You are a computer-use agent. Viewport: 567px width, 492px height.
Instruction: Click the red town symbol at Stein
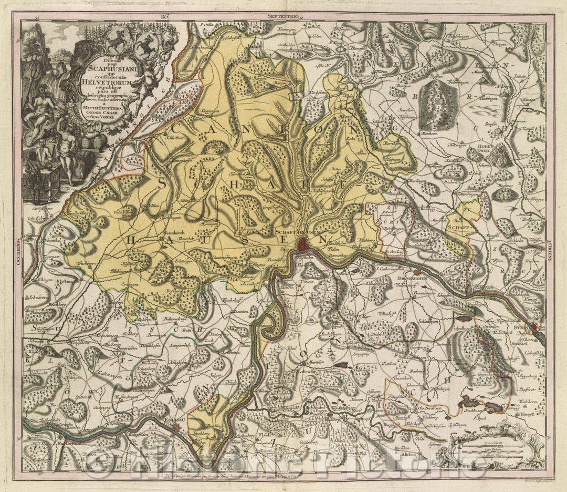coord(534,326)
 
